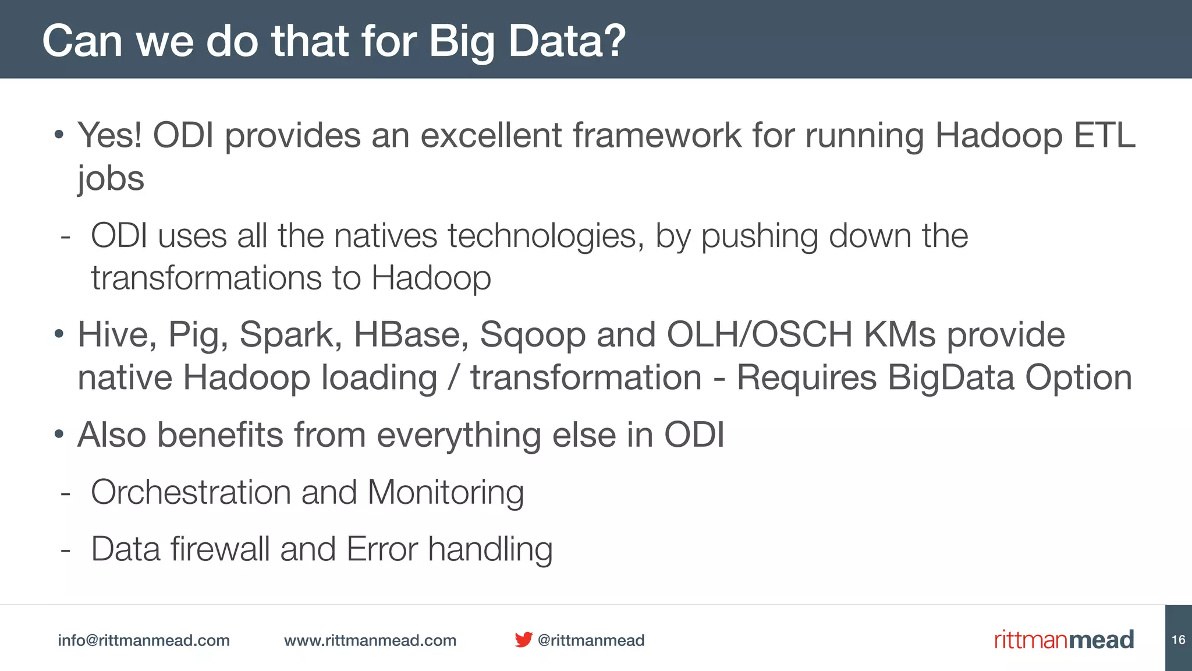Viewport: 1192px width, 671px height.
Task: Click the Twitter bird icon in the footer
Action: [523, 640]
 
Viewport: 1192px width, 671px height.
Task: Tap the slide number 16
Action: [1178, 640]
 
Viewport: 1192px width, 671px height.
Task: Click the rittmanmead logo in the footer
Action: [1063, 640]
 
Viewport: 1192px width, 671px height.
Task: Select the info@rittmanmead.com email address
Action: [144, 640]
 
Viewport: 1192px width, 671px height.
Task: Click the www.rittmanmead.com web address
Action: [370, 640]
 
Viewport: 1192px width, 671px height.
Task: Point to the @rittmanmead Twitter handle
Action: [591, 640]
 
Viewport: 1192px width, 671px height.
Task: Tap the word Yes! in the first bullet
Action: [109, 135]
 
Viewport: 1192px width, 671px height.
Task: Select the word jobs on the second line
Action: [111, 178]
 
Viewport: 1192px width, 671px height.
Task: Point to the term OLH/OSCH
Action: [759, 335]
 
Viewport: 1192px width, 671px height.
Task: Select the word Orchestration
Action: [190, 492]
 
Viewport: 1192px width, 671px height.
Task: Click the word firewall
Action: [220, 549]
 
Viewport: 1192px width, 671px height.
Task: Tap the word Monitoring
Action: [445, 493]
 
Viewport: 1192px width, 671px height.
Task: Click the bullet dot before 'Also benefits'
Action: [58, 435]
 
